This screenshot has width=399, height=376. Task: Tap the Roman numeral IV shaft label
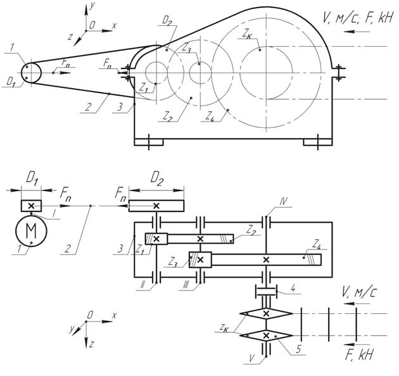(283, 203)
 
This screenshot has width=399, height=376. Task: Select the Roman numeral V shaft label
(252, 358)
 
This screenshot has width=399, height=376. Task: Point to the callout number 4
(293, 289)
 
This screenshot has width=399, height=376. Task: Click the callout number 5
(298, 349)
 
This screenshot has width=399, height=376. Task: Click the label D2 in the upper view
(167, 21)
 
